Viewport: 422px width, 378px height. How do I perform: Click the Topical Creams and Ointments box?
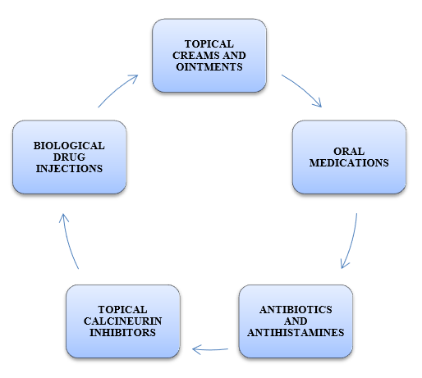coord(209,56)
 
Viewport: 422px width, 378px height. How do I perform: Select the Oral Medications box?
coord(349,157)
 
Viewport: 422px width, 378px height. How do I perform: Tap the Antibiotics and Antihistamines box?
coord(296,321)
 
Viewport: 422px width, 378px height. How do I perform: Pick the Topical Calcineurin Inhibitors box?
coord(123,321)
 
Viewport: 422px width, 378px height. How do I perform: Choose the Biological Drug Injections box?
coord(70,157)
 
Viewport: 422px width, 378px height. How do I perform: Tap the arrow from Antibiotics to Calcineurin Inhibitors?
coord(210,349)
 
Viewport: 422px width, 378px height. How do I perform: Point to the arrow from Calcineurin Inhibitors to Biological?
coord(68,240)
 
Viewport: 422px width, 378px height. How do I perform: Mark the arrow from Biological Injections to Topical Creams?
coord(116,89)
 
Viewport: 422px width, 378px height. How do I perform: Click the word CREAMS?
coord(196,56)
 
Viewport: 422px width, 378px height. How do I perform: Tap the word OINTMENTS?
coord(209,67)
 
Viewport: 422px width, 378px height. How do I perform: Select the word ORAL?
coord(349,151)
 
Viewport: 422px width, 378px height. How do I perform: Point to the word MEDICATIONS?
coord(349,163)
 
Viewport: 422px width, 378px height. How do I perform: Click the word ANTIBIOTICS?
coord(296,310)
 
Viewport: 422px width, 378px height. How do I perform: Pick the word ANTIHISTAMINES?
coord(296,333)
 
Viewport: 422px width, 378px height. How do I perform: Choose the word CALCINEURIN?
coord(123,321)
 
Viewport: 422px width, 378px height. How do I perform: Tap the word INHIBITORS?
coord(123,333)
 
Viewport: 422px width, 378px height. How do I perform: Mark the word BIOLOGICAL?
coord(69,146)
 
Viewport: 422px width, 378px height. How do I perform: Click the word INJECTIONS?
coord(69,169)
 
